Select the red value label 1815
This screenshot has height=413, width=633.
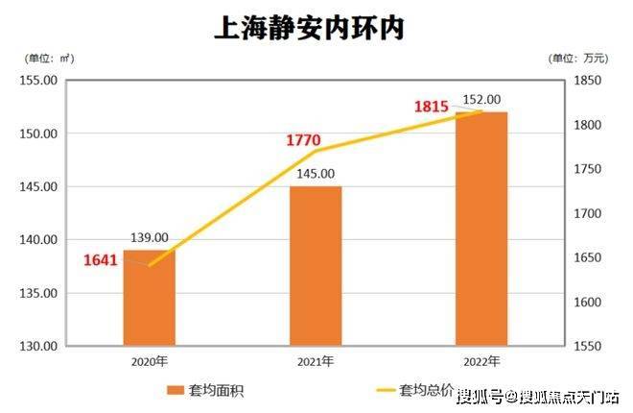pos(432,107)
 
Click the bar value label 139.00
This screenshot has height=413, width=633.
pos(150,237)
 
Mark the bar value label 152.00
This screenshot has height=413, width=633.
pos(481,99)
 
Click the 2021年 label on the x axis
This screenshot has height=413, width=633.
pos(316,362)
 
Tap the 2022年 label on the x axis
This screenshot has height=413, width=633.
pos(481,362)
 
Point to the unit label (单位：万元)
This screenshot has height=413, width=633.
pos(579,59)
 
